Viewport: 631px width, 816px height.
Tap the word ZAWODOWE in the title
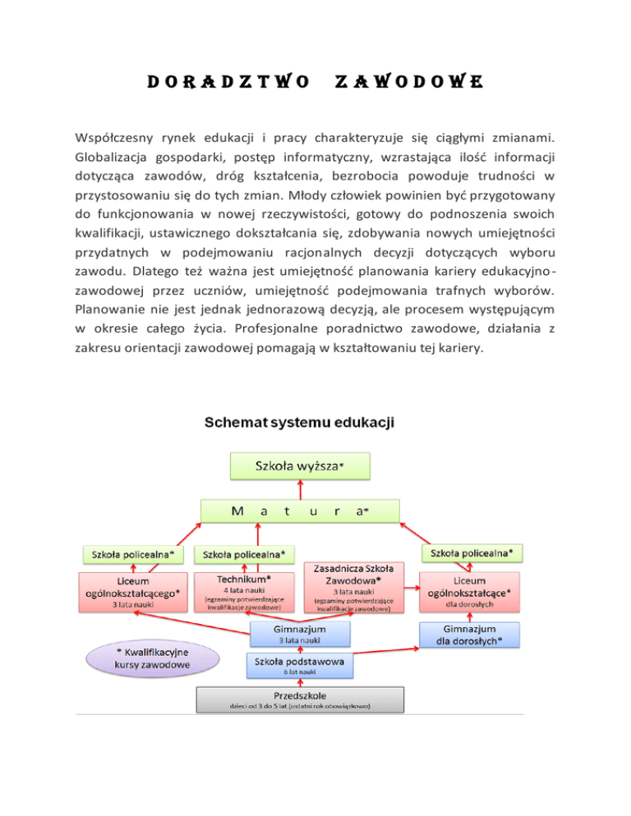click(x=408, y=82)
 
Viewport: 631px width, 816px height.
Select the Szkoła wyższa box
click(x=300, y=465)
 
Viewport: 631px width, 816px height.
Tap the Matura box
click(x=300, y=510)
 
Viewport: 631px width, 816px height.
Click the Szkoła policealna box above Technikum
click(x=244, y=555)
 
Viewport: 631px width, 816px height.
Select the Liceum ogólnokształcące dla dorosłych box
click(x=473, y=591)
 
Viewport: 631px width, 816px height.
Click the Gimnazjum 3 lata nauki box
click(x=300, y=634)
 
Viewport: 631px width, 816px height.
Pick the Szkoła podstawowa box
click(x=300, y=665)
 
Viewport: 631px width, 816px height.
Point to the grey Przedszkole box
click(x=300, y=699)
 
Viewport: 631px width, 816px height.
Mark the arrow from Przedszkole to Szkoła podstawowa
click(x=300, y=681)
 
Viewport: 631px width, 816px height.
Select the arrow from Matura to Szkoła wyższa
click(x=300, y=488)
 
